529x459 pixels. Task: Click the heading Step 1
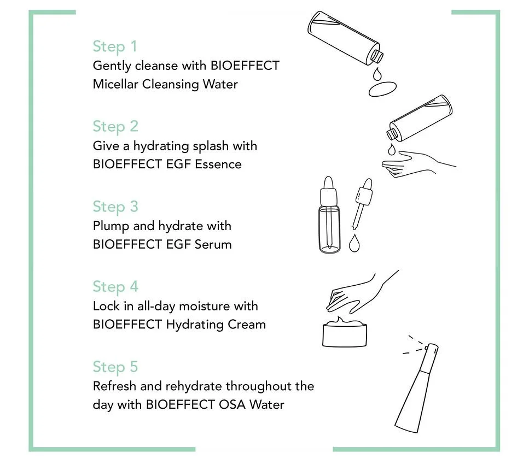(115, 46)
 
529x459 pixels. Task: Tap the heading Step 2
(115, 126)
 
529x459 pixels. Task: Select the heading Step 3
(115, 207)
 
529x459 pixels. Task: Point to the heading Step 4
(115, 287)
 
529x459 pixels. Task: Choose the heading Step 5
(115, 367)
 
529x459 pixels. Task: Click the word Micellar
(115, 84)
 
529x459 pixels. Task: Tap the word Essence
(218, 164)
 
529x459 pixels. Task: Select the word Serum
(213, 244)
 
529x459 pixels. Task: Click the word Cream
(247, 325)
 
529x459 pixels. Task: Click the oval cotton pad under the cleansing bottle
(382, 89)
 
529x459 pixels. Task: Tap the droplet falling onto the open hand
(391, 149)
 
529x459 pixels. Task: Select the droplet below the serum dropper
(354, 243)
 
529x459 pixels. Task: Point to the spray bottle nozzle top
(432, 348)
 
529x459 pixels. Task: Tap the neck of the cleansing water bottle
(376, 56)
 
